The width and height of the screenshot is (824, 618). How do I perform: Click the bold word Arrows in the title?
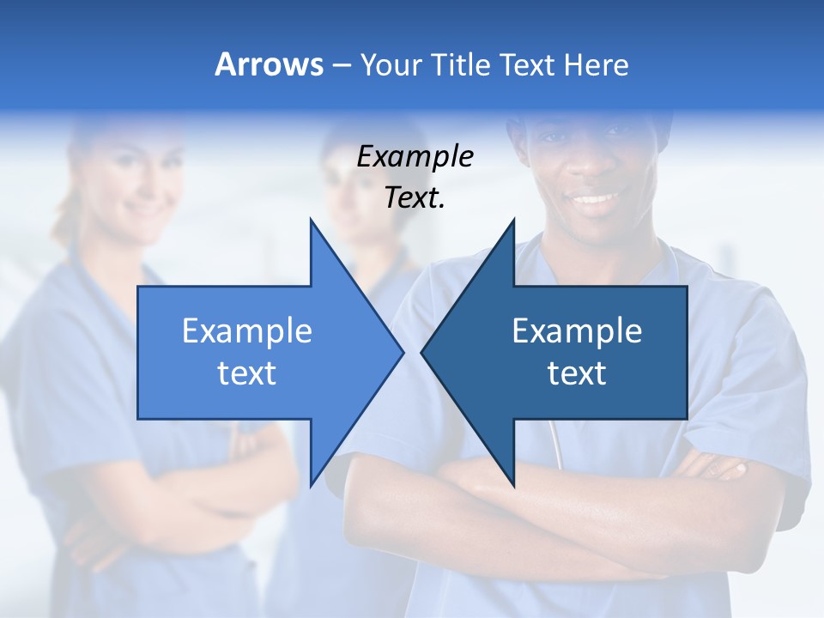coord(269,64)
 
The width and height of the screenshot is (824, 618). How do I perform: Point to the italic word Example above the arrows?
coord(415,157)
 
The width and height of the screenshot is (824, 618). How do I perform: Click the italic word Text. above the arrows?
coord(415,198)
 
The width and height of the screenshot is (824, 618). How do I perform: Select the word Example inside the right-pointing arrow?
coord(247,331)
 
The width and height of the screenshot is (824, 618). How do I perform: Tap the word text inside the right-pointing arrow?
coord(247,373)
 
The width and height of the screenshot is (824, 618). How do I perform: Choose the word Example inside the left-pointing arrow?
coord(577,331)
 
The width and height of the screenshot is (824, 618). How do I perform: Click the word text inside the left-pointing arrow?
coord(577,373)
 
